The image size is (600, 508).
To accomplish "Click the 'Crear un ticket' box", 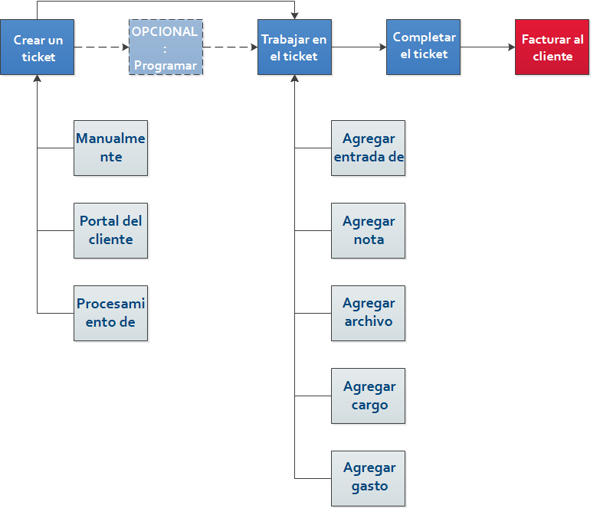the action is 37,47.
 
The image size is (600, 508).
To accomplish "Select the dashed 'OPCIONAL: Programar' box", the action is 166,47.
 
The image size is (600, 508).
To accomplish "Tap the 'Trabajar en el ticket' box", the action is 294,47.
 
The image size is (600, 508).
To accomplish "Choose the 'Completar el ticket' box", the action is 423,47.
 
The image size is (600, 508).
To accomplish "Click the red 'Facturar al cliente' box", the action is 552,47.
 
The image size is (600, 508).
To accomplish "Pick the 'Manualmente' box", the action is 110,148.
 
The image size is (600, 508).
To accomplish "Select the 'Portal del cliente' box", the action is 110,231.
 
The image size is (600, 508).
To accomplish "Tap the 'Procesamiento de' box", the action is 110,313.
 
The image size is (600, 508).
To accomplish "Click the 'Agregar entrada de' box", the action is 368,148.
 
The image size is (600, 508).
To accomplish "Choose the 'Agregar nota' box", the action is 368,231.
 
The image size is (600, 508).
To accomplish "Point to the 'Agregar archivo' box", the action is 368,313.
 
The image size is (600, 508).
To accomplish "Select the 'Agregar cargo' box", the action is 368,396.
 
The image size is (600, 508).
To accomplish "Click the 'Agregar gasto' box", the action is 368,479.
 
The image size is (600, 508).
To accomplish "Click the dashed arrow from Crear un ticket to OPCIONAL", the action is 101,47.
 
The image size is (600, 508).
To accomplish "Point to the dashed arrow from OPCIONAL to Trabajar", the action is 230,47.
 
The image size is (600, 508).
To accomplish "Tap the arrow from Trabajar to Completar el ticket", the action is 359,47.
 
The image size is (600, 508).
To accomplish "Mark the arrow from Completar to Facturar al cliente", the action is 487,47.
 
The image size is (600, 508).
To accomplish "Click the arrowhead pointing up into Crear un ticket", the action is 37,78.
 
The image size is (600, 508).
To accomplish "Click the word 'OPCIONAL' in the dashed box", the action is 165,31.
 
